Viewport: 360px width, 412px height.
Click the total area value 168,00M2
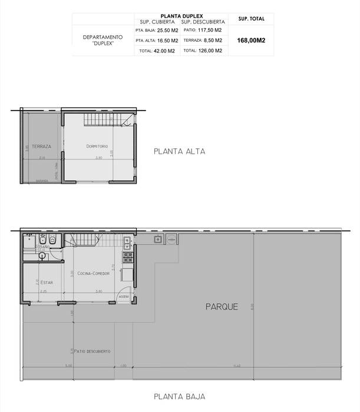(x=251, y=41)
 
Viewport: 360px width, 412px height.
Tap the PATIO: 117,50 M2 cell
(x=203, y=29)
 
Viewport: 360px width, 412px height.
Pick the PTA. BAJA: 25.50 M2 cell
(x=157, y=29)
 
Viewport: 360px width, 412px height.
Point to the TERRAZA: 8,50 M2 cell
(x=203, y=40)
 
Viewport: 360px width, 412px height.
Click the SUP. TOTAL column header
(x=252, y=19)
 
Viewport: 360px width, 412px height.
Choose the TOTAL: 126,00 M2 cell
(x=203, y=51)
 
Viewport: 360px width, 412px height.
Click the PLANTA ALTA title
(x=179, y=151)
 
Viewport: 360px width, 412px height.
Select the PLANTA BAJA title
(x=179, y=396)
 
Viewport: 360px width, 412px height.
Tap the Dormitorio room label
(x=97, y=146)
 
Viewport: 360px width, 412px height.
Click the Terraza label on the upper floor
(x=41, y=146)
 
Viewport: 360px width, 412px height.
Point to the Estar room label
(x=47, y=282)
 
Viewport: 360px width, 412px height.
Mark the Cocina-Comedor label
(x=94, y=274)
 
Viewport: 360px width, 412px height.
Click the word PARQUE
(x=222, y=307)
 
